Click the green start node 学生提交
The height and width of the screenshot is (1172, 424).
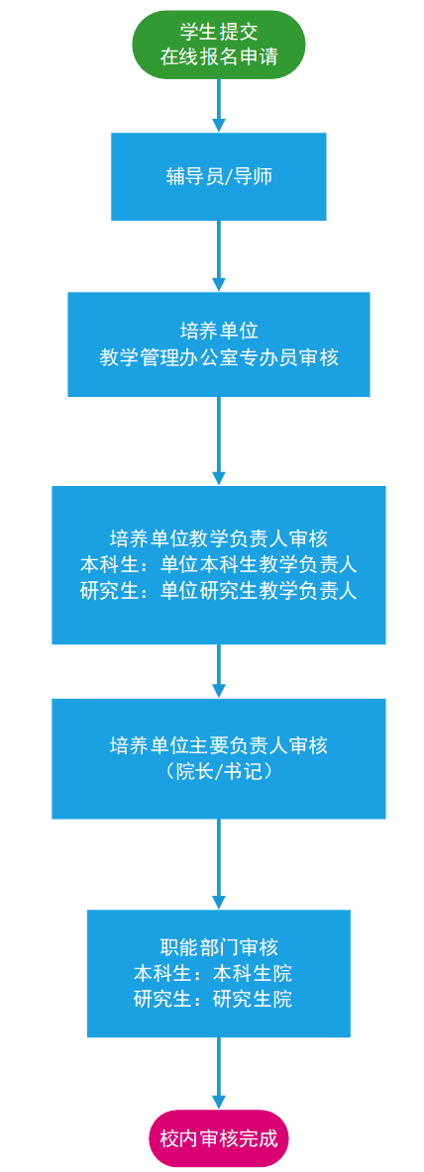tap(218, 43)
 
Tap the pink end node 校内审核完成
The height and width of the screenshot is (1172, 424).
tap(218, 1139)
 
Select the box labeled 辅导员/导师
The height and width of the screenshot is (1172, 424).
tap(218, 176)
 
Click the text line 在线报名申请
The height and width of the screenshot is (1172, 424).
tap(218, 55)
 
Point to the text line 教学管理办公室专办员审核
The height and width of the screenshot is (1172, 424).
tap(218, 358)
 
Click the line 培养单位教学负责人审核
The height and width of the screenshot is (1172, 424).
tap(218, 538)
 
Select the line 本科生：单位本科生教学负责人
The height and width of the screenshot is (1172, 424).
tap(218, 565)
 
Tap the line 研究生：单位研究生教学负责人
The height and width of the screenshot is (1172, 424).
tap(218, 591)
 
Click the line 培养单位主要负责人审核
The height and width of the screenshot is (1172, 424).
tap(218, 745)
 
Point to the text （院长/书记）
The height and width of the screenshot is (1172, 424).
tap(218, 771)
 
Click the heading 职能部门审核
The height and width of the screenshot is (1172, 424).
tap(218, 947)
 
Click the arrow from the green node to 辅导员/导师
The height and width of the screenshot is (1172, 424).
tap(218, 104)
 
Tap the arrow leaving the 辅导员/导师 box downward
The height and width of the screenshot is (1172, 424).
tap(218, 255)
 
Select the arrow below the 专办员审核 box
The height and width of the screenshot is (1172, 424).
tap(218, 441)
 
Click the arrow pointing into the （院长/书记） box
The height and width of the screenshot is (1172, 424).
tap(218, 671)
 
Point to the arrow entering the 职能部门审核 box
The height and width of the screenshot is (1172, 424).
tap(218, 863)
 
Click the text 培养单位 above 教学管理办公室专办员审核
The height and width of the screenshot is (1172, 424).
tap(218, 332)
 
